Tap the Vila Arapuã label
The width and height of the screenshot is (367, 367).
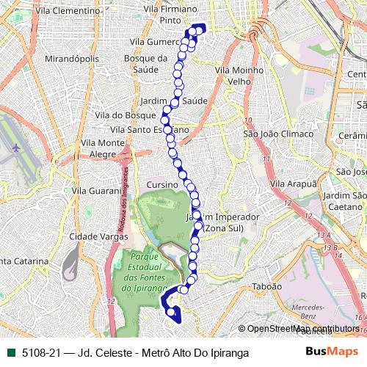click(x=290, y=183)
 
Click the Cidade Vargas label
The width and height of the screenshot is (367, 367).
click(x=98, y=236)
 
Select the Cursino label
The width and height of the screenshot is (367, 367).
click(x=162, y=184)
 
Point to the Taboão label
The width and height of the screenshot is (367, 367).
click(x=266, y=286)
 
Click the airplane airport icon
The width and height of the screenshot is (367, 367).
click(x=16, y=148)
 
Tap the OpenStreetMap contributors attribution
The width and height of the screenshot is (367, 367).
click(x=303, y=328)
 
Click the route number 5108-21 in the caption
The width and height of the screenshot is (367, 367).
click(x=42, y=352)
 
